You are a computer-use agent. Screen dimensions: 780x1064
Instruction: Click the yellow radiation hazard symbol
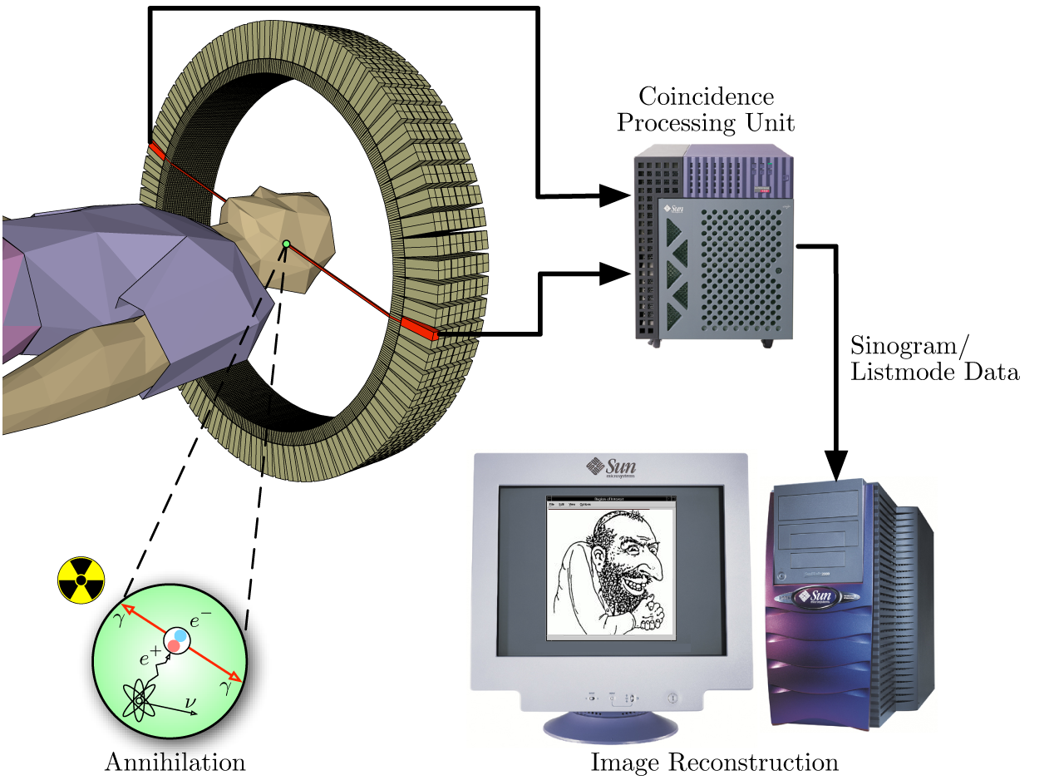(81, 580)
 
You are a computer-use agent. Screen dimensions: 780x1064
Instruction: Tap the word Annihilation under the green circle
(175, 762)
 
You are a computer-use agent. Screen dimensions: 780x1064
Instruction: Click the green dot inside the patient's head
(286, 244)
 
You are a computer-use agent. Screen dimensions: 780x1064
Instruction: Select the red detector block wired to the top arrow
(156, 151)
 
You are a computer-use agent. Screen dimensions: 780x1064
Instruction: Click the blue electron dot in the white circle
(181, 634)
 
